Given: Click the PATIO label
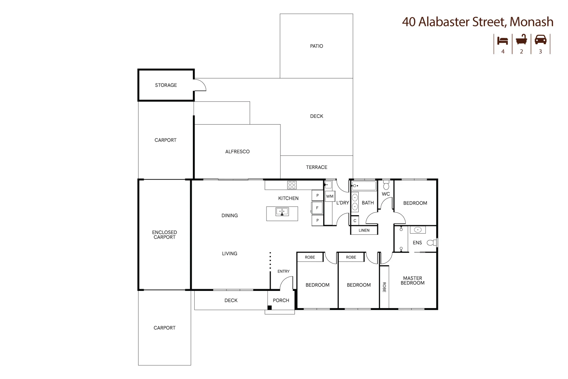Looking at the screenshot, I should coord(316,46).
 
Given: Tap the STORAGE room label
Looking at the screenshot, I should coord(166,85).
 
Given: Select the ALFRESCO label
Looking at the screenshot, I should coord(237,152).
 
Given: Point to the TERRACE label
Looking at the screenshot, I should coord(316,167).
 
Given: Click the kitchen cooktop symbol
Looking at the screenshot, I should coord(292,185).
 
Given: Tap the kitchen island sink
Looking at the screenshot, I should coord(282,212).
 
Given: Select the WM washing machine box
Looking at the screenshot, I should coord(330,196).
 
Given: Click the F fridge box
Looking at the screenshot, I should coord(317,208).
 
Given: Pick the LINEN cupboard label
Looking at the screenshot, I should coord(364,230).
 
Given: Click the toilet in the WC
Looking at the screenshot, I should coord(386,185).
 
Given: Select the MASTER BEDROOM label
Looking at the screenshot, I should coord(412,280).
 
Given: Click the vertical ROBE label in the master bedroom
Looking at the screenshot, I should coord(384,287).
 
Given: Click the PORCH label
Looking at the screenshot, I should coord(281,300).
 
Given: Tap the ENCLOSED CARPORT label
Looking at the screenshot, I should coord(164,235).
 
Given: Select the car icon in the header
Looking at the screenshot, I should coord(540,40).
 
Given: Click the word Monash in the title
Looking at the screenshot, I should coord(531,22).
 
